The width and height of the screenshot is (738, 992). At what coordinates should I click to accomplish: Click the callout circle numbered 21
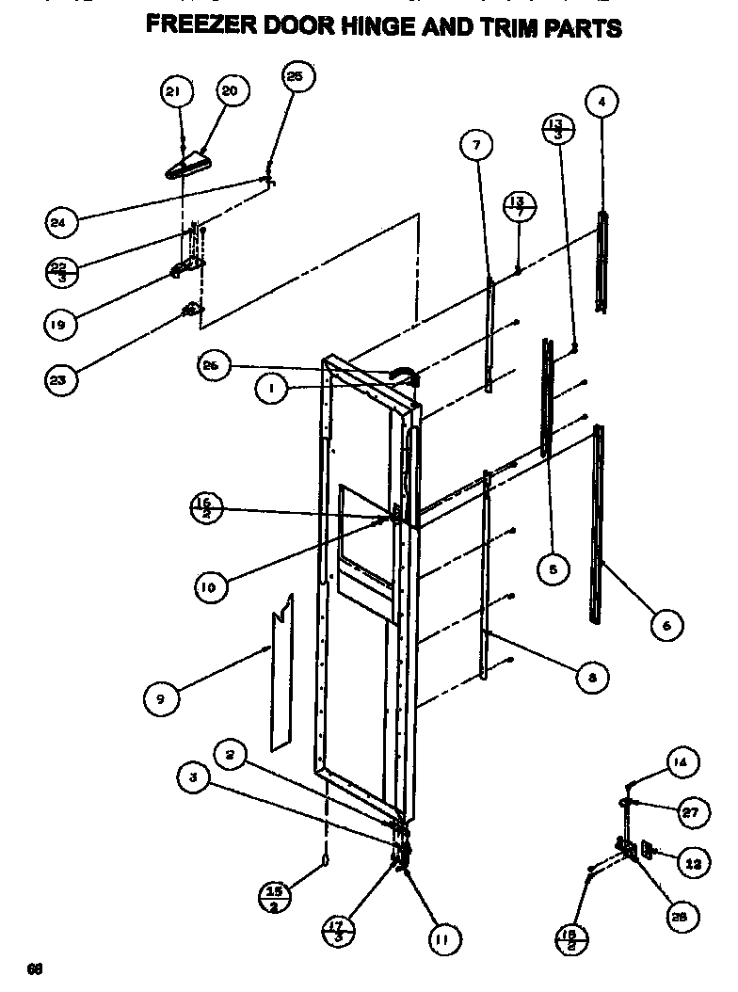(173, 91)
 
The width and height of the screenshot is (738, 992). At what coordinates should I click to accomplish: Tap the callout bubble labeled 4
(602, 101)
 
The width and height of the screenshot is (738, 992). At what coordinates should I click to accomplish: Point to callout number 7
(476, 146)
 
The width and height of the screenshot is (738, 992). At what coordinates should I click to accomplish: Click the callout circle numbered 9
(160, 698)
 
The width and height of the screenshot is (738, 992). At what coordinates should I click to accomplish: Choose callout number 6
(666, 624)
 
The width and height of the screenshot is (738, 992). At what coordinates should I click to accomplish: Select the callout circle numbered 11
(441, 937)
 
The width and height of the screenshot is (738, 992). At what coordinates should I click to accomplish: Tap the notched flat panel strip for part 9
(281, 673)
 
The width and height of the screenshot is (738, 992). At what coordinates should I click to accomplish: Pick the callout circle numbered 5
(553, 568)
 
